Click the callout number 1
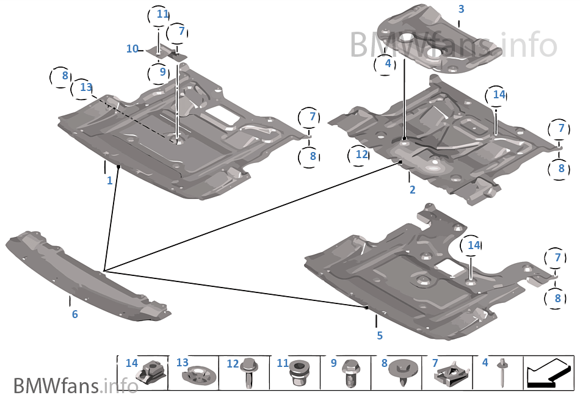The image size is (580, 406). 110,181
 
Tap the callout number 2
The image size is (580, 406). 413,190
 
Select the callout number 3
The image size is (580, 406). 461,9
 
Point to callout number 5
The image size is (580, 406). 380,335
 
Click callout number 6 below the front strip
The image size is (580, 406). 74,314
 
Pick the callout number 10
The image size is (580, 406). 132,48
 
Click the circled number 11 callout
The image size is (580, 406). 161,14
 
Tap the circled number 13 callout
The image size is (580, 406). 85,89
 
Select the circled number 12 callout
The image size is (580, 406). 361,154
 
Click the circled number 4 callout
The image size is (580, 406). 386,63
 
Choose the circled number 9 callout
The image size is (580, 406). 162,71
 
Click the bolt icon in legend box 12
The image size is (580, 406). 249,373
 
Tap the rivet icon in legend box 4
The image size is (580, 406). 502,372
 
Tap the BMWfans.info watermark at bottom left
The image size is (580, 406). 75,386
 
